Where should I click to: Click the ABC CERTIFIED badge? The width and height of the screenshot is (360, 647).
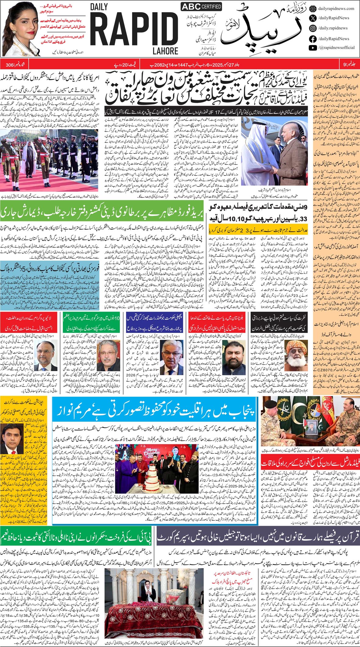point(201,6)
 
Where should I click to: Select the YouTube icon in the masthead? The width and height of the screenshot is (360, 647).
point(313,48)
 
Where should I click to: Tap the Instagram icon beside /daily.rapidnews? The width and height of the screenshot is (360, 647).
point(313,28)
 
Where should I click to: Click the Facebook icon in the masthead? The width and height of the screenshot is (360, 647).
point(313,39)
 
